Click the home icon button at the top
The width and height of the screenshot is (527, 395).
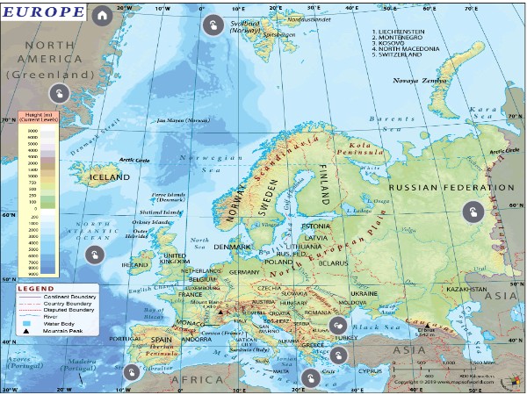(103, 15)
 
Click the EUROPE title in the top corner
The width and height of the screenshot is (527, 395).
(43, 13)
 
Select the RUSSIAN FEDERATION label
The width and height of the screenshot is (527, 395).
(451, 187)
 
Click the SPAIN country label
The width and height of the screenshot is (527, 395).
(161, 339)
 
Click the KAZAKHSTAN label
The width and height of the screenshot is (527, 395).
(466, 288)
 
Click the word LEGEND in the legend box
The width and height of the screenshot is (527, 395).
(36, 288)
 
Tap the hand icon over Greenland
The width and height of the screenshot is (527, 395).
(58, 94)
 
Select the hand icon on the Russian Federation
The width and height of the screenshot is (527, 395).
(473, 212)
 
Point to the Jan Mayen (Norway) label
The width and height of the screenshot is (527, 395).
(184, 120)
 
